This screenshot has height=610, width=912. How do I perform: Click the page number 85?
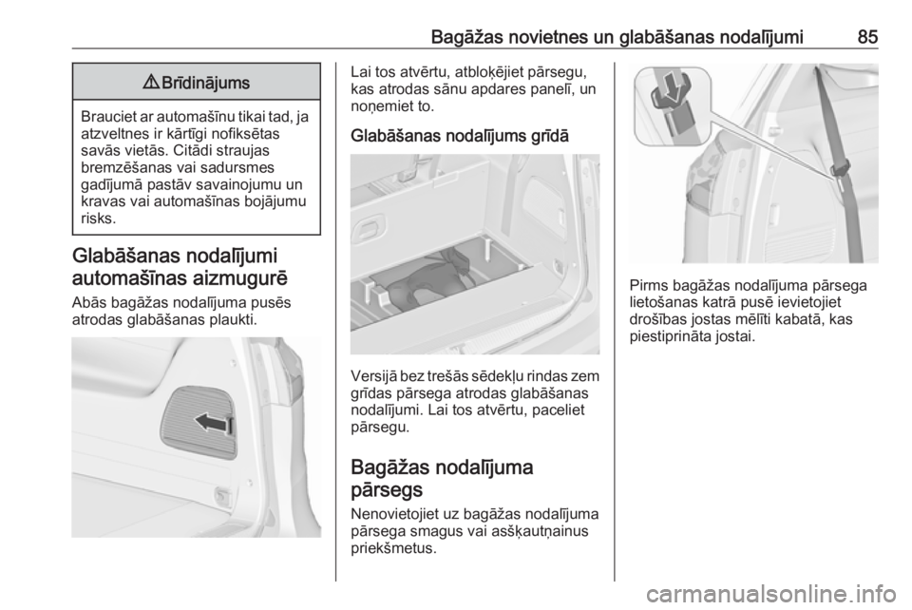867,37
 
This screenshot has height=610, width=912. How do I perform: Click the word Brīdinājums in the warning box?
205,83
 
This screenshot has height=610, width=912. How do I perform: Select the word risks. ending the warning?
98,219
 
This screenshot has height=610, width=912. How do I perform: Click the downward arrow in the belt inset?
671,90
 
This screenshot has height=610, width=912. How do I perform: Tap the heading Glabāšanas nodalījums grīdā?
460,136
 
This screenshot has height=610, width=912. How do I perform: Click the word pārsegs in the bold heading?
388,490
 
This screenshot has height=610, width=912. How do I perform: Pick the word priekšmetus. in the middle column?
393,548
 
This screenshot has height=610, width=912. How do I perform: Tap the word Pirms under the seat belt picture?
649,285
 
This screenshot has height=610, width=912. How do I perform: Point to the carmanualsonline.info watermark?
772,594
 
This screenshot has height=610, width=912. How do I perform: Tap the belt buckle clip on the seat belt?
840,170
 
